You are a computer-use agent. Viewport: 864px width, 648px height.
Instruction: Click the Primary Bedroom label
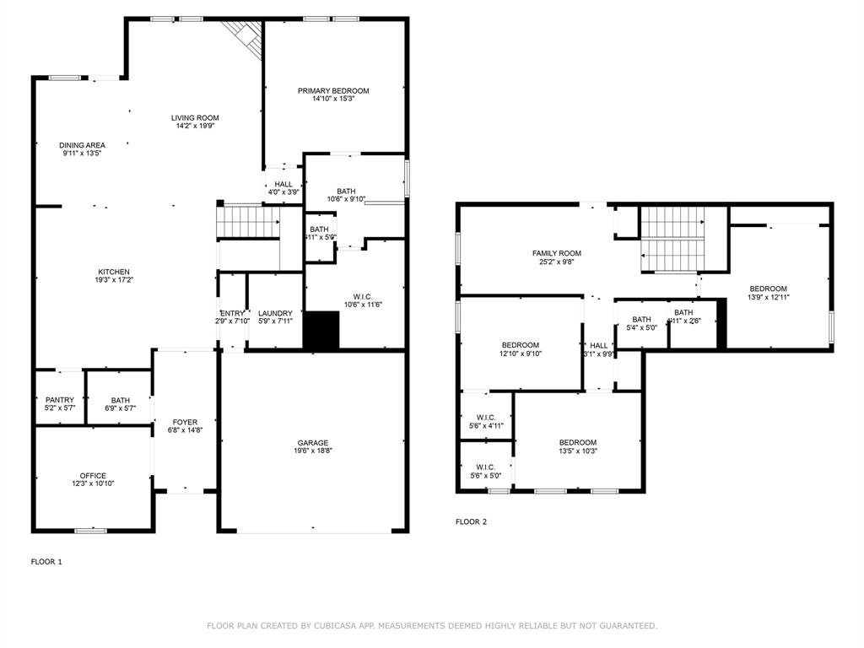(333, 91)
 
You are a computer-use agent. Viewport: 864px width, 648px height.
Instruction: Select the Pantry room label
(60, 400)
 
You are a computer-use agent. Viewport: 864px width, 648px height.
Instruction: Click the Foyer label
(185, 422)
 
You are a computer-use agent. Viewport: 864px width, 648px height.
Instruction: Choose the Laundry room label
(275, 313)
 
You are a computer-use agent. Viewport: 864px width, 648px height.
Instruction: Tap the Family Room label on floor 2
(556, 253)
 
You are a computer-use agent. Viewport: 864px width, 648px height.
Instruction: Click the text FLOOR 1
(46, 561)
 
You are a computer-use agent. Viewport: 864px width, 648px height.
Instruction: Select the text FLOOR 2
(471, 521)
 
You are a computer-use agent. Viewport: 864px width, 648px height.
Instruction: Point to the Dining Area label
(82, 145)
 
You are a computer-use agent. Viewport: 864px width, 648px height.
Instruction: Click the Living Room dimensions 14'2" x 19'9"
(195, 127)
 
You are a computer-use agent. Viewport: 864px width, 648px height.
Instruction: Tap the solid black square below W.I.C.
(321, 331)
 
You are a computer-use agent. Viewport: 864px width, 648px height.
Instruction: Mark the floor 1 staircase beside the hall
(247, 223)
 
